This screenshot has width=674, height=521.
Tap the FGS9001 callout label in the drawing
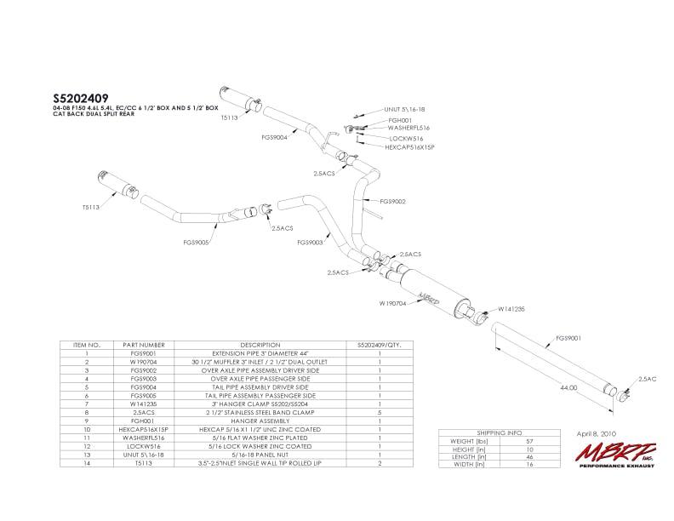click(568, 337)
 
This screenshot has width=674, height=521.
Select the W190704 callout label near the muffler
click(392, 302)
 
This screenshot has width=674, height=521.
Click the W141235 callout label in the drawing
click(511, 310)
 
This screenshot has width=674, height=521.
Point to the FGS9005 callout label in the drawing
click(197, 242)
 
